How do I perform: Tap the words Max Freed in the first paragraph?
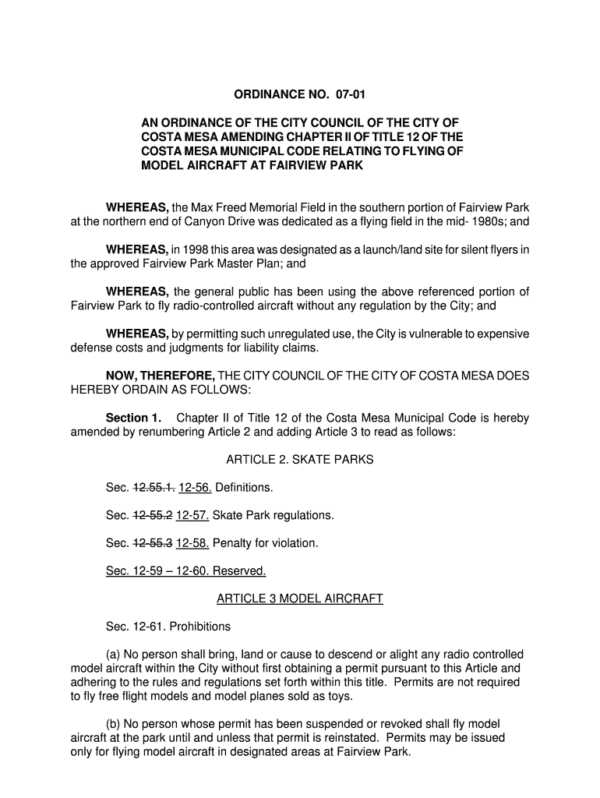pyautogui.click(x=223, y=207)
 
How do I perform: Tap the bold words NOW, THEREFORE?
pyautogui.click(x=161, y=376)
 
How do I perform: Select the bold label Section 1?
pyautogui.click(x=132, y=418)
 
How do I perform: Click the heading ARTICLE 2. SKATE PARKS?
pyautogui.click(x=300, y=460)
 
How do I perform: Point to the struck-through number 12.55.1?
pyautogui.click(x=154, y=488)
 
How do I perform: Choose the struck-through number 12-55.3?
pyautogui.click(x=154, y=542)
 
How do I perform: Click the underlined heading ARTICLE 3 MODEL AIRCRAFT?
pyautogui.click(x=300, y=598)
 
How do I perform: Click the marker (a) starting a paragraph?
pyautogui.click(x=113, y=655)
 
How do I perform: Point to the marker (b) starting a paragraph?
pyautogui.click(x=113, y=724)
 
